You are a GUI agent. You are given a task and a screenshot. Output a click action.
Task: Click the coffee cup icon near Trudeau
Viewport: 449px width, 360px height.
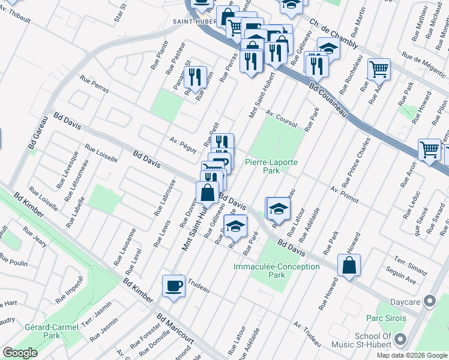point(174,286)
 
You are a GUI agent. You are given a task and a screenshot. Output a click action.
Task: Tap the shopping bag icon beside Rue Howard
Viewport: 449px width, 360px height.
point(349,265)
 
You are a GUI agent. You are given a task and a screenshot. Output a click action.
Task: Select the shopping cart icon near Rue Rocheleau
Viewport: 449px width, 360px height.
point(379,70)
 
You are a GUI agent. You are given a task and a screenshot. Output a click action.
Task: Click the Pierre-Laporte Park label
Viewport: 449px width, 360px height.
point(271,166)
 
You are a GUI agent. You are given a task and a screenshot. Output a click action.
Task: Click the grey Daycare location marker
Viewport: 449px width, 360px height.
point(430,301)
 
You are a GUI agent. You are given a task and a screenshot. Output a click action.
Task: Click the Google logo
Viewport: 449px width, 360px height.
point(20,353)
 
